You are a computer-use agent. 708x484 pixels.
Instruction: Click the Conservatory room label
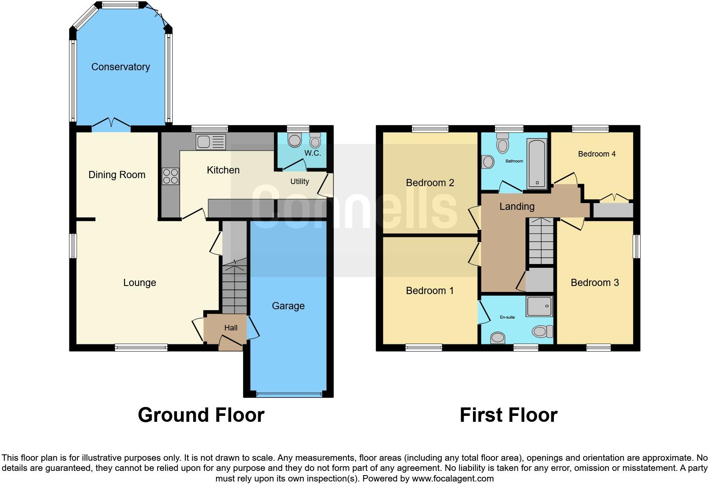(120, 67)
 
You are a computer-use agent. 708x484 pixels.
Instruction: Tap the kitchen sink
(210, 142)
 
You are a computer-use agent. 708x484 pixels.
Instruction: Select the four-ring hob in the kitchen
(171, 176)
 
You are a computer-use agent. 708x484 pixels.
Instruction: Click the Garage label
(288, 306)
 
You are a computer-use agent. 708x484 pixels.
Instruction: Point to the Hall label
(231, 328)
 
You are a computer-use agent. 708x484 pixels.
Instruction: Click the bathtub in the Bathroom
(537, 164)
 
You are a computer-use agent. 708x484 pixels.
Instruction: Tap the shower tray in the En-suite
(539, 306)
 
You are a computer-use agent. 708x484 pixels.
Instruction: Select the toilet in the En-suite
(542, 331)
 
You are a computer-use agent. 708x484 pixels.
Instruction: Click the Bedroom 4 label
(597, 154)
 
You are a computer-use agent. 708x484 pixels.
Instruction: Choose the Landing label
(517, 206)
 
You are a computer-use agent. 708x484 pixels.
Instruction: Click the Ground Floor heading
(201, 415)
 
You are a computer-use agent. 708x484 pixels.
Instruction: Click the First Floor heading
(508, 415)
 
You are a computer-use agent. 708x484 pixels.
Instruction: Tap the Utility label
(299, 181)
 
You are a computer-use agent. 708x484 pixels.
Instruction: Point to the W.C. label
(313, 153)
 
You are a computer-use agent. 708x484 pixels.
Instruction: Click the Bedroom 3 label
(595, 283)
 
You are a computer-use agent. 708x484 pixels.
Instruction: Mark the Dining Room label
(117, 175)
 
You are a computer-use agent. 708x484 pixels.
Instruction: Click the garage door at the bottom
(288, 394)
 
